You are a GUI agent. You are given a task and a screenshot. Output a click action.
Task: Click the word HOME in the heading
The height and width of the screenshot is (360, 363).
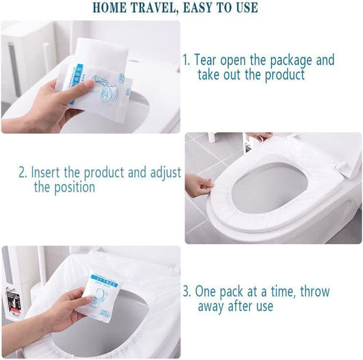coord(110,7)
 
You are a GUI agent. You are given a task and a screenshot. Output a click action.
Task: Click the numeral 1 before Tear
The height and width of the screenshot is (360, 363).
coord(186,60)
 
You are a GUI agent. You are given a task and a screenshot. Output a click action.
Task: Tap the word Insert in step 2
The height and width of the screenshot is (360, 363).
coord(45,172)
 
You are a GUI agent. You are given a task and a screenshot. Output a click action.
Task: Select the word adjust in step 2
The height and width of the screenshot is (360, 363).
coord(165,173)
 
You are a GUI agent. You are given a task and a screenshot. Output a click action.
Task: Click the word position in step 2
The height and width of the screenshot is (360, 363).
coord(74,187)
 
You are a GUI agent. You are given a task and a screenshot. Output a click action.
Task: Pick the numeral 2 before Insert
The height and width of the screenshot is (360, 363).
coord(22,172)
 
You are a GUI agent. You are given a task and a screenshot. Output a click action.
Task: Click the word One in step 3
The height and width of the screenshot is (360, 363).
coord(206,292)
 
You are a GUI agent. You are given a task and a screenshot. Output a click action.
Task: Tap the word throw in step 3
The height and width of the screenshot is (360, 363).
coord(315,291)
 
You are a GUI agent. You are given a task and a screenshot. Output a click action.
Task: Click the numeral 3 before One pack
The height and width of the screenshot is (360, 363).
coord(186,292)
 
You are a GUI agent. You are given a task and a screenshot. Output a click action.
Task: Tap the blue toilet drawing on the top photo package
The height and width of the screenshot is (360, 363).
coord(106,90)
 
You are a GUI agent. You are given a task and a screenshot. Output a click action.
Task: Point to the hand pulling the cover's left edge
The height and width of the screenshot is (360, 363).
coord(199,185)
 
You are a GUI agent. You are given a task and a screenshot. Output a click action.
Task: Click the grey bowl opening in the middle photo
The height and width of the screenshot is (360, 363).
coord(269,187)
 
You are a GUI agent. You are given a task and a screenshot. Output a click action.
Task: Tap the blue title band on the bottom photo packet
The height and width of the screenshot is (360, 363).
coord(104,281)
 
